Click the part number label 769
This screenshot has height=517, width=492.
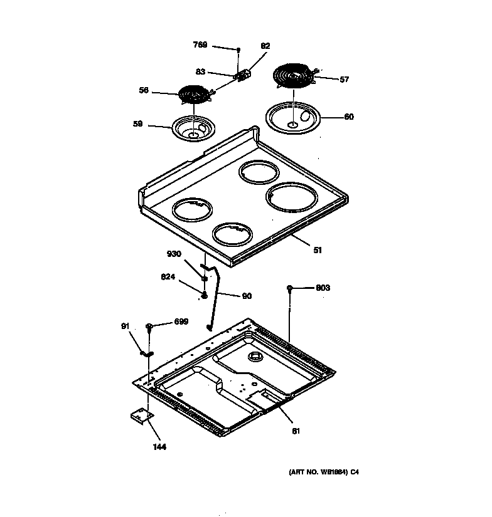pos(199,44)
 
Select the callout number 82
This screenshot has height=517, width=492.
pos(265,46)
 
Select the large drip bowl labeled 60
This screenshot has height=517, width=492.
pos(293,117)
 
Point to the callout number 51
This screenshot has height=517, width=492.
pos(318,250)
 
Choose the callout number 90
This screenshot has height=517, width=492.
pos(247,296)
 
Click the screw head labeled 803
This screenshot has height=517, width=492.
pos(289,288)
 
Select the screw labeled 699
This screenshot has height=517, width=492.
pos(149,326)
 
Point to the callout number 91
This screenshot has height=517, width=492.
pos(124,326)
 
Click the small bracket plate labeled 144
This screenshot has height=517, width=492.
pos(141,416)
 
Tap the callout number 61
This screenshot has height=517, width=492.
pos(296,431)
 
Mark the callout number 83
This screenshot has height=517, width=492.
pos(200,71)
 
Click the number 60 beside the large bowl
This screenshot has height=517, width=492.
pos(349,117)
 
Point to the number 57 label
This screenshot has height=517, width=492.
pos(344,80)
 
